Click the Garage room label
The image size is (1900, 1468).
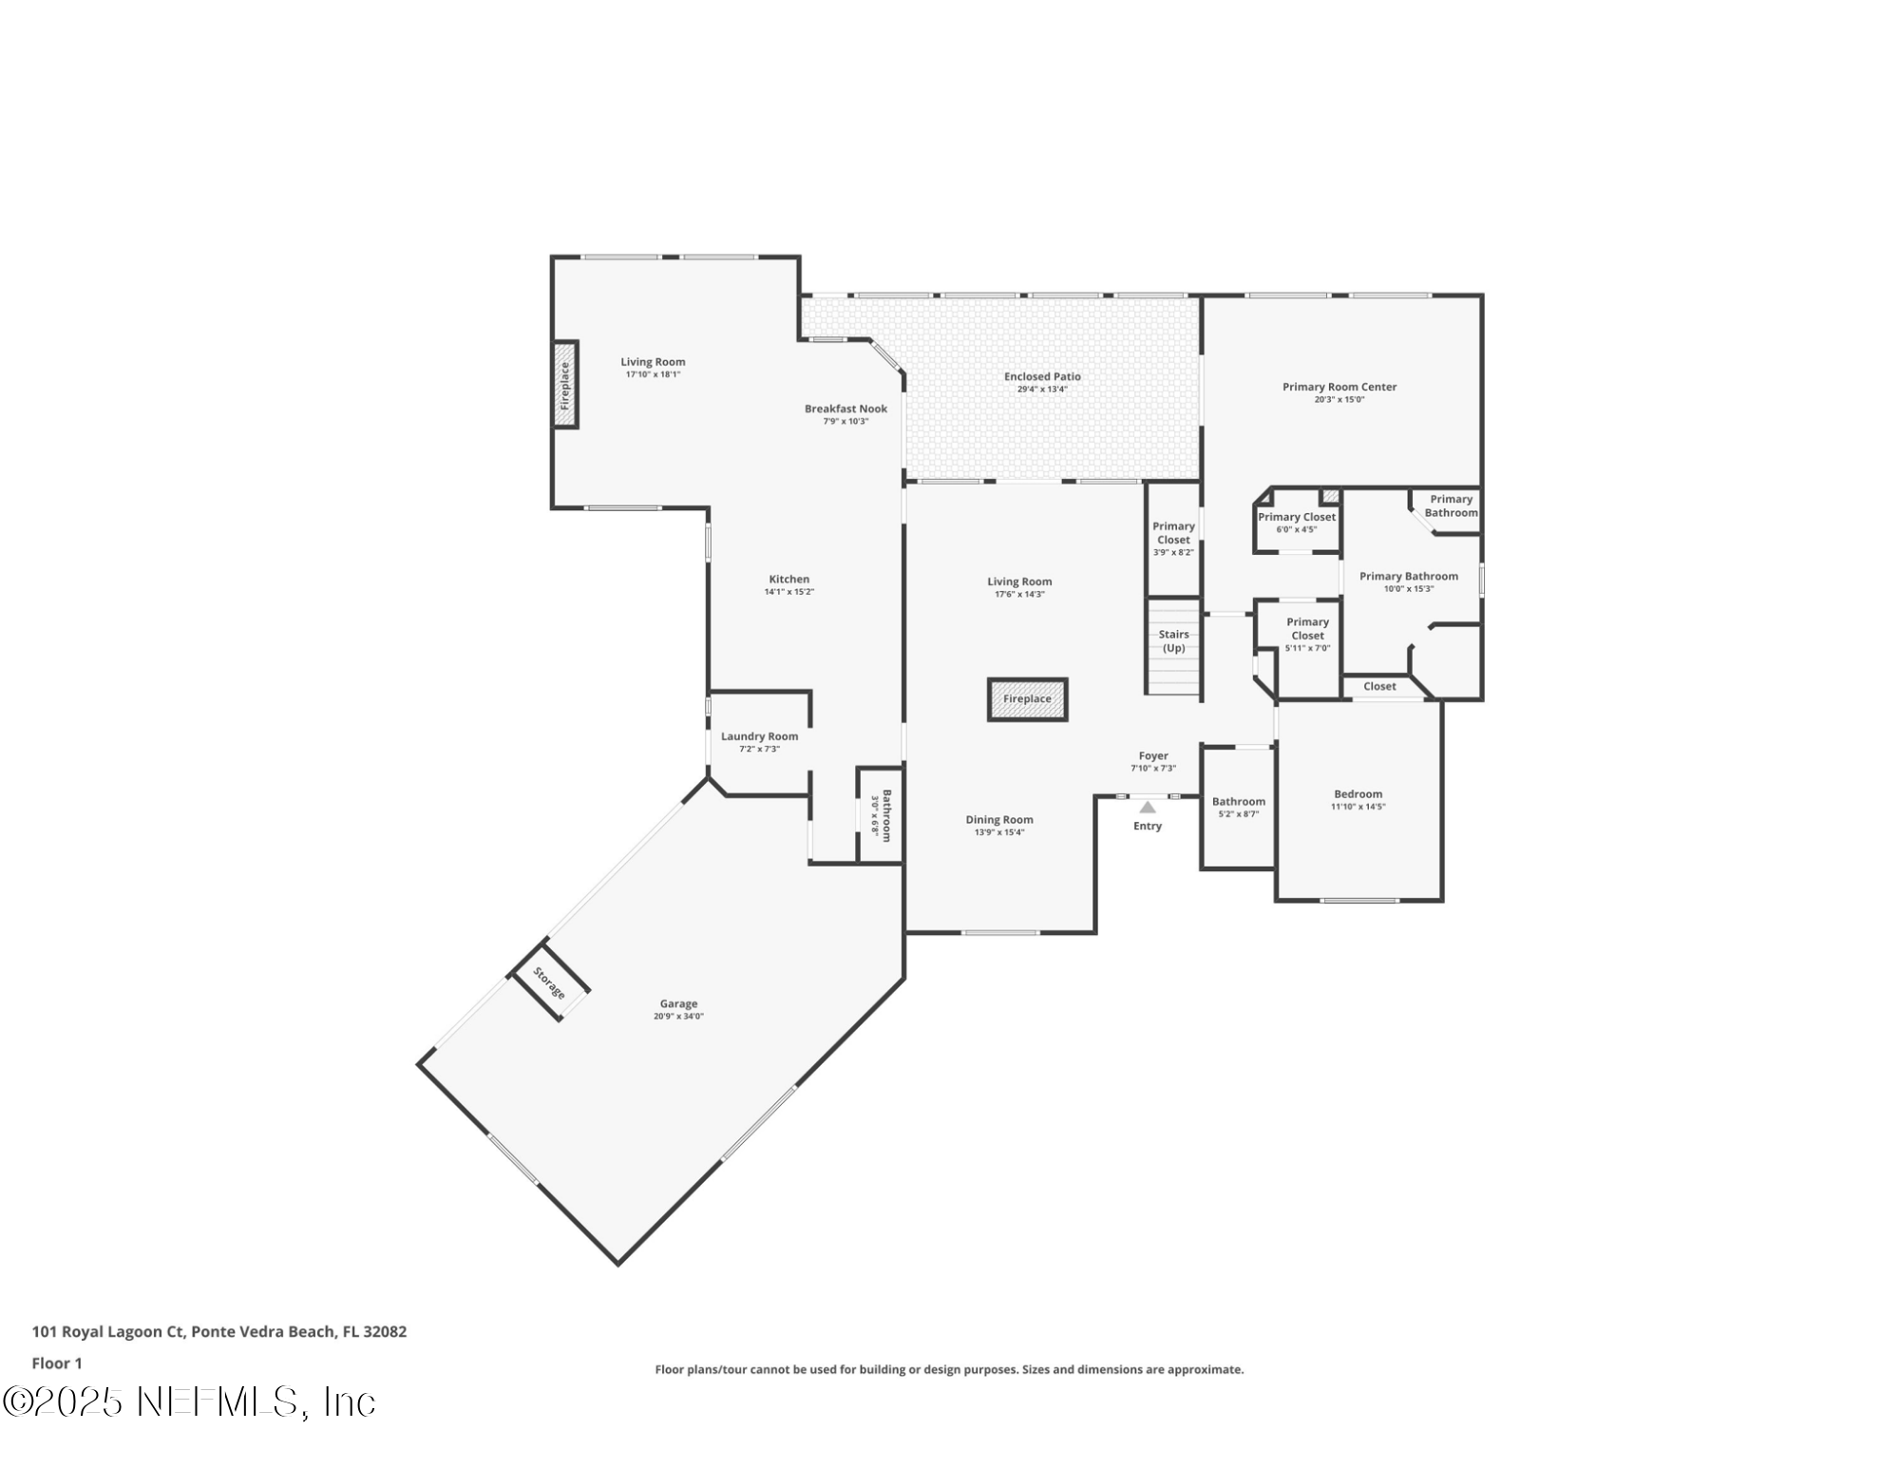click(678, 1003)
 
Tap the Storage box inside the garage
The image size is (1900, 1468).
click(549, 982)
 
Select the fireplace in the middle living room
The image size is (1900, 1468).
click(1027, 699)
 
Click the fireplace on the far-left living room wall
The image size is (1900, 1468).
click(565, 385)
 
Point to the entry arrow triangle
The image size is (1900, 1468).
click(1148, 808)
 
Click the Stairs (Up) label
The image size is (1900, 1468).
click(1173, 640)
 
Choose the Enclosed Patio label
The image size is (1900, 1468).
click(1042, 376)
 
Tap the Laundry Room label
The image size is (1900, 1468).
click(759, 736)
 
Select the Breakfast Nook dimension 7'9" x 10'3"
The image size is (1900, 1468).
click(845, 421)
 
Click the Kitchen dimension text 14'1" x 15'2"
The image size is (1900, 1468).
click(788, 592)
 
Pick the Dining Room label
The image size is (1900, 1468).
click(998, 819)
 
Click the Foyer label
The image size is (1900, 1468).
click(1153, 756)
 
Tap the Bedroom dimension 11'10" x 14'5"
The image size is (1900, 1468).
click(1358, 807)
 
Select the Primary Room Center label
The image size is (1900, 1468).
click(1339, 387)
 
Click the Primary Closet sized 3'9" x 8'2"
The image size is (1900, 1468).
click(1173, 538)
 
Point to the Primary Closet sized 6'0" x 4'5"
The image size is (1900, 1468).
click(1297, 522)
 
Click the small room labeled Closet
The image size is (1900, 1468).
click(1379, 686)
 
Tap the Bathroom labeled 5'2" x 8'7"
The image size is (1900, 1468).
click(1238, 807)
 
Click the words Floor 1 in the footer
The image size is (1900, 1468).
click(57, 1363)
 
